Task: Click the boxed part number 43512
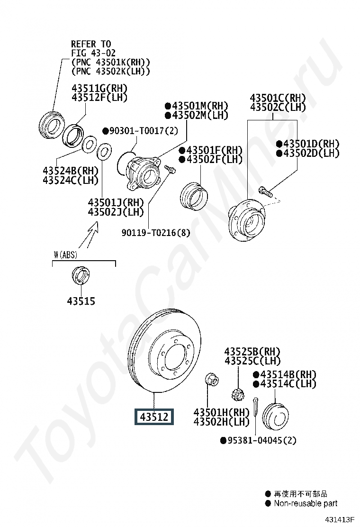(154, 417)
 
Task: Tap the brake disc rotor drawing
(164, 351)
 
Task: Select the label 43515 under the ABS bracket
(81, 301)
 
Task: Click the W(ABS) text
(65, 255)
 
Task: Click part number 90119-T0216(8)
(156, 232)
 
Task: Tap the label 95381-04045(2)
(258, 440)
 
